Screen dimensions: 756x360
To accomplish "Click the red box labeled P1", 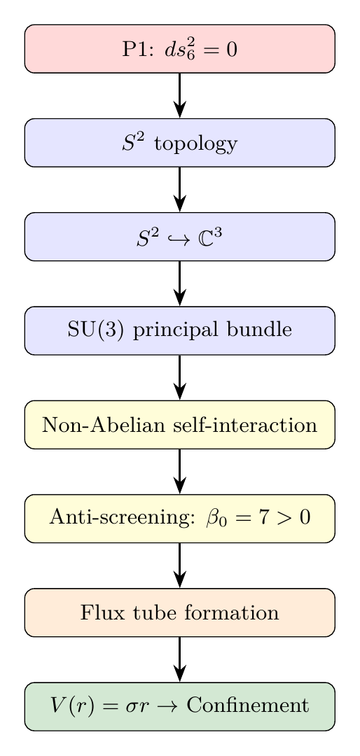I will pyautogui.click(x=180, y=49).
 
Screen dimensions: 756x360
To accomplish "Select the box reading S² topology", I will pyautogui.click(x=180, y=143).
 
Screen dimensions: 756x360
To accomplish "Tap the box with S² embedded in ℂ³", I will pyautogui.click(x=180, y=237).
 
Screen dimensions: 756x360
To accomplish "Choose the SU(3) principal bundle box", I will pyautogui.click(x=180, y=330).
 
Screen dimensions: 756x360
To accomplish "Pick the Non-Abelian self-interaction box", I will pyautogui.click(x=180, y=424).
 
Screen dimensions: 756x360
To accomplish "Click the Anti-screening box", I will pyautogui.click(x=180, y=518).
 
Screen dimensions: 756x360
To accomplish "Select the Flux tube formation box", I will pyautogui.click(x=180, y=612).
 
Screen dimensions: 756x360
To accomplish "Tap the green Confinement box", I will pyautogui.click(x=180, y=706).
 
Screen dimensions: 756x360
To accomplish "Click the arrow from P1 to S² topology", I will pyautogui.click(x=180, y=95).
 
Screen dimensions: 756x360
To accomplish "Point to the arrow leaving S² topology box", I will pyautogui.click(x=180, y=189).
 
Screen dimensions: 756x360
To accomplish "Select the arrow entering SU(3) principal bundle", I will pyautogui.click(x=180, y=283).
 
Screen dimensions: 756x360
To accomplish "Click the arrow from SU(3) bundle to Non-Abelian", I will pyautogui.click(x=180, y=377).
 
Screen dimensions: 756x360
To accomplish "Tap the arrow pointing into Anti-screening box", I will pyautogui.click(x=180, y=471).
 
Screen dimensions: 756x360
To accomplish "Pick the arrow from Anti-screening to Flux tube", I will pyautogui.click(x=180, y=565).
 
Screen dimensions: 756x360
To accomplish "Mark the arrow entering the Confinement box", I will pyautogui.click(x=180, y=659).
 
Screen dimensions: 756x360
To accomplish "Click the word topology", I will pyautogui.click(x=195, y=145).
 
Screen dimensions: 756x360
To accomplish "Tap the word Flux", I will pyautogui.click(x=99, y=612).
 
